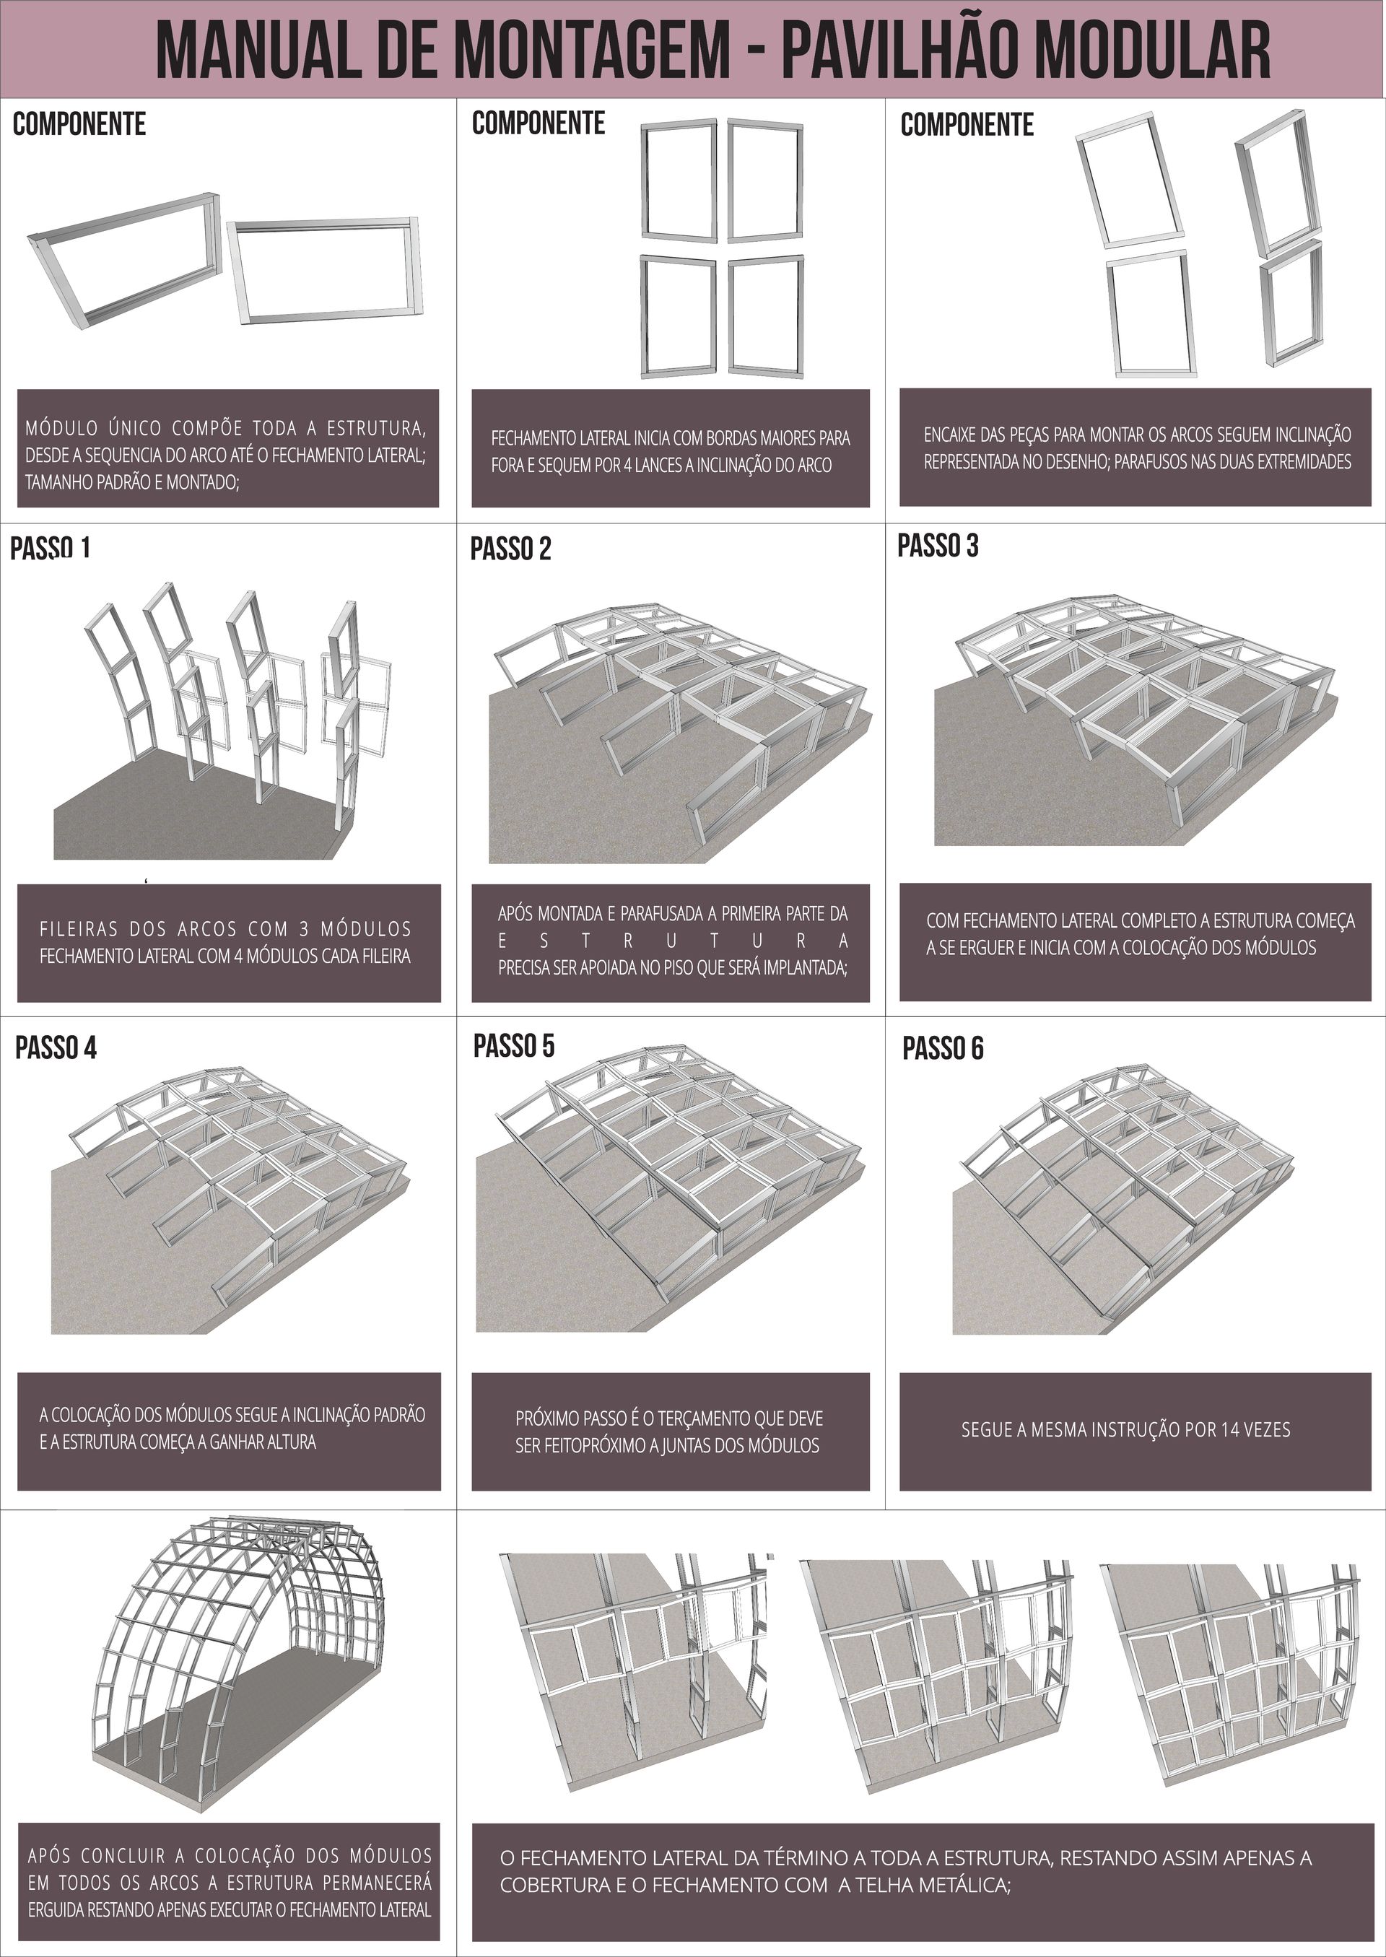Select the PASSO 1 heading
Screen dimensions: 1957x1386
(50, 548)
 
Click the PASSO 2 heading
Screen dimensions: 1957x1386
(510, 549)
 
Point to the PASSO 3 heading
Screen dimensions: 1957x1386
(937, 545)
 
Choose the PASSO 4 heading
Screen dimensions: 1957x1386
(56, 1048)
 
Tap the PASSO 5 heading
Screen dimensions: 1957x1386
(514, 1045)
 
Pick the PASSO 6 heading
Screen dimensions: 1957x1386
(943, 1048)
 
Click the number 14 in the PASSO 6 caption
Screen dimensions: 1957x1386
(1208, 1429)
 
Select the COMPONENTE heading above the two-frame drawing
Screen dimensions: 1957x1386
(79, 125)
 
